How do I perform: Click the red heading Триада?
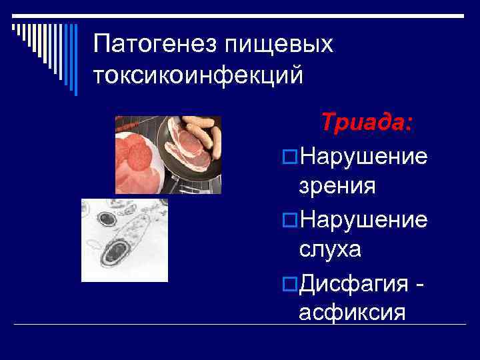(366, 123)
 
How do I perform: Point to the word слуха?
(331, 249)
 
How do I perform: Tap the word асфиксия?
(351, 312)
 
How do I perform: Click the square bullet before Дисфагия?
(289, 283)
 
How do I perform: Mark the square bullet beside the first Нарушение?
(289, 157)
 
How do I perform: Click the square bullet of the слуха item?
(289, 220)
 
